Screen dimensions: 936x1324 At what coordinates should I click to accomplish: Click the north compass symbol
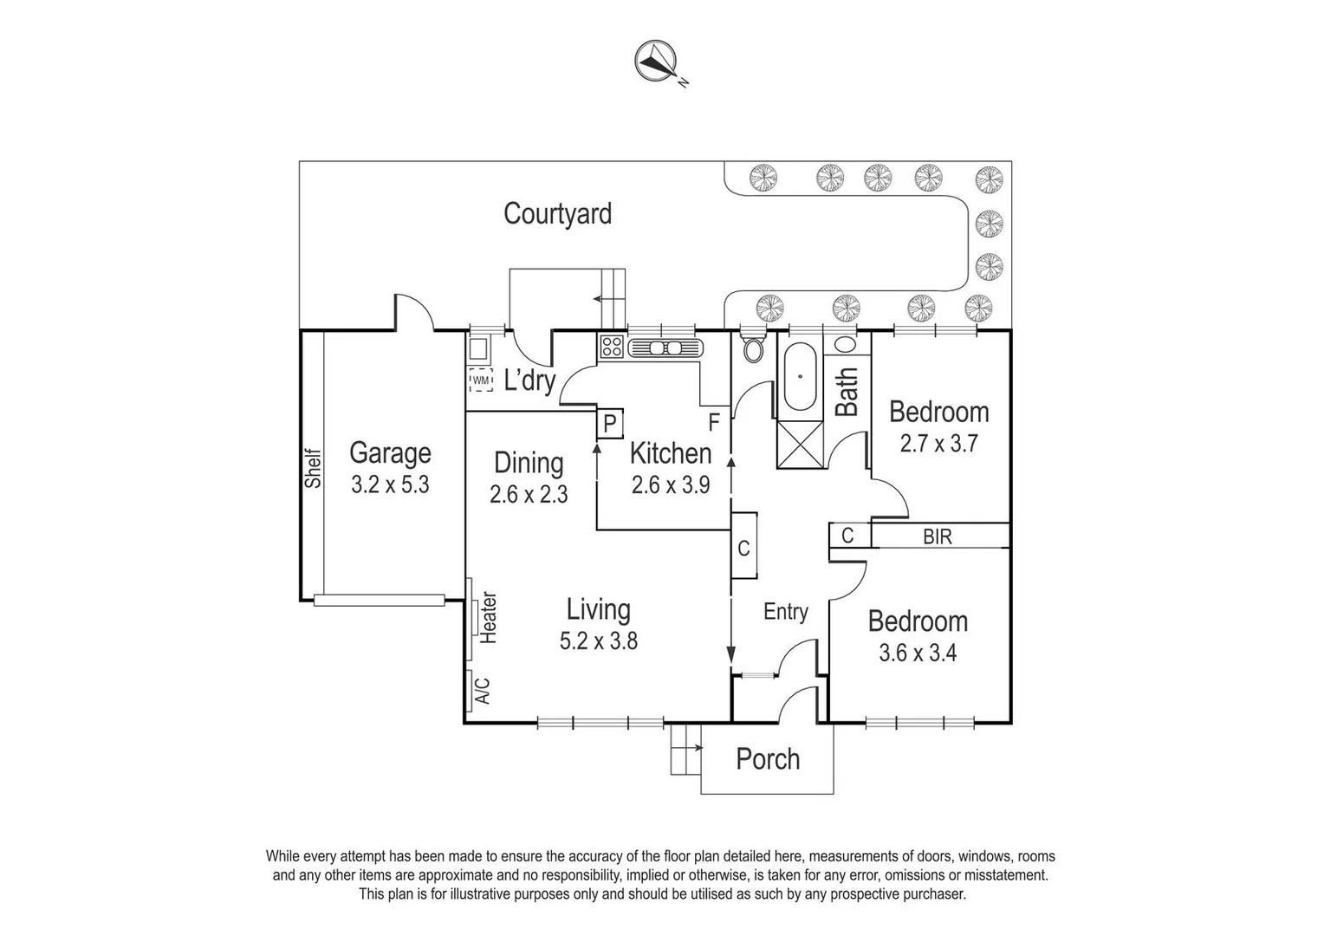[657, 60]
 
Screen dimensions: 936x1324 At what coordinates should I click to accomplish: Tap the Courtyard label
[557, 214]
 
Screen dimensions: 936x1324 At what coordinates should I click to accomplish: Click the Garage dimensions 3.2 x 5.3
[390, 484]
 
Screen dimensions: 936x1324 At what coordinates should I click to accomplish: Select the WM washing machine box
[480, 380]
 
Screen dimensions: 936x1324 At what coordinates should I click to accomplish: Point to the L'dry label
[529, 380]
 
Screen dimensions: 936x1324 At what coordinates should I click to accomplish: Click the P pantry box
[609, 424]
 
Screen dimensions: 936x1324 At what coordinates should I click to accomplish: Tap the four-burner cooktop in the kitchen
[611, 347]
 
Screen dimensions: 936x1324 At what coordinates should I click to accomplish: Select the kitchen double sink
[665, 348]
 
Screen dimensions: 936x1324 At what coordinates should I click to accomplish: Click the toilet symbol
[753, 348]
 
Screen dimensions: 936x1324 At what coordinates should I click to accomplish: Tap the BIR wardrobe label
[938, 537]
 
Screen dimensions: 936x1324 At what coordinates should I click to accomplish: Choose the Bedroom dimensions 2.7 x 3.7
[938, 444]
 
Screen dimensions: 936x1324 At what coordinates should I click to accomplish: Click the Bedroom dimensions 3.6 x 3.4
[918, 653]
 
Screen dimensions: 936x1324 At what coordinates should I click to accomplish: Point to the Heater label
[489, 617]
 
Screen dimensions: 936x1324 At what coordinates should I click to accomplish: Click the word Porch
[767, 759]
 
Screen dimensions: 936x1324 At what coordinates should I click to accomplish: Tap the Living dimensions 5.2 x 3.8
[598, 641]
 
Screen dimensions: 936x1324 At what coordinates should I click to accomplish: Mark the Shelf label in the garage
[313, 468]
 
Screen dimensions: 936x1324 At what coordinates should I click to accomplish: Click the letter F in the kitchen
[715, 423]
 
